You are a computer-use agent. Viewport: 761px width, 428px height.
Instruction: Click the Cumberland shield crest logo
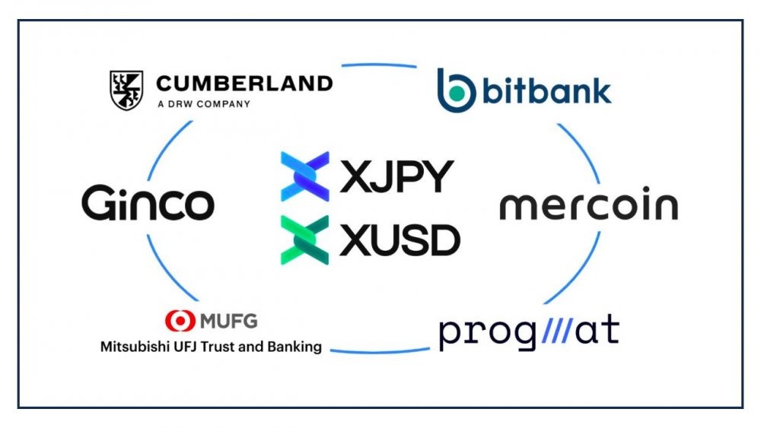pos(126,90)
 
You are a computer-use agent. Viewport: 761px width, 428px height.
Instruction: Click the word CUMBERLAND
pos(244,84)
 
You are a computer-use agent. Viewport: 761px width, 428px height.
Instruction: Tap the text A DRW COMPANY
pos(204,103)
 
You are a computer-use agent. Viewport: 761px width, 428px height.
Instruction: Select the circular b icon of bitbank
pos(456,90)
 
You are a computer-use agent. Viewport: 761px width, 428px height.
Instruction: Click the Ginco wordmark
pos(148,203)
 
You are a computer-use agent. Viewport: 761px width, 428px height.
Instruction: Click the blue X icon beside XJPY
pos(305,176)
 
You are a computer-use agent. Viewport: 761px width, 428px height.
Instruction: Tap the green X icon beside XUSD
pos(305,240)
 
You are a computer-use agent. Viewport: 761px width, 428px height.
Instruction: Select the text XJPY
pos(397,176)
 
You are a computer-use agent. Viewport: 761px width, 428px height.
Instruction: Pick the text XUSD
pos(400,240)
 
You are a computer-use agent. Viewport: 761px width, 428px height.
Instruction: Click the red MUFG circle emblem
pos(180,321)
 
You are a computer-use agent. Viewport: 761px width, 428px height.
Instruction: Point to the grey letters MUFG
pos(228,322)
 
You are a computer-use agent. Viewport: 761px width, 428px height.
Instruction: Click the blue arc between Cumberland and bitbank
pos(379,65)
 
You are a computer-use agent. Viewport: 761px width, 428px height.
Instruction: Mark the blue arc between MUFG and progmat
pos(380,351)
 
